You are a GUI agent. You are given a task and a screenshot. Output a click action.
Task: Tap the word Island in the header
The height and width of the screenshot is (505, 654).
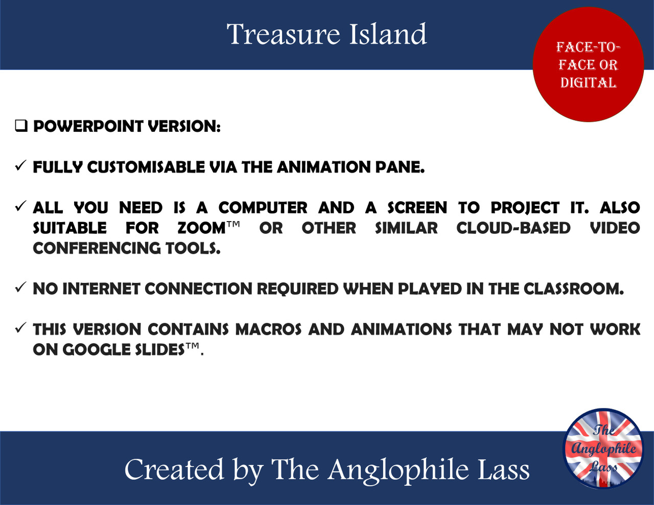tap(388, 35)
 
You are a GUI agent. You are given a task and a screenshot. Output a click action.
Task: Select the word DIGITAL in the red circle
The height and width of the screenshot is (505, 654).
tap(588, 83)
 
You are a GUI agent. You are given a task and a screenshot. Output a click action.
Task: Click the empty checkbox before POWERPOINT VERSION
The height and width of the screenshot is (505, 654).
tap(21, 126)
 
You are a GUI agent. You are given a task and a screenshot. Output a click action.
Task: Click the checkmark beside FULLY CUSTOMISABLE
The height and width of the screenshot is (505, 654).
tap(20, 166)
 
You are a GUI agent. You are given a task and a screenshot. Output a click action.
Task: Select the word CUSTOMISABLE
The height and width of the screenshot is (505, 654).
tap(146, 167)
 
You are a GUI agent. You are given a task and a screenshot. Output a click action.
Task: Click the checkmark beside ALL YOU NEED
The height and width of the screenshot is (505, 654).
tap(20, 206)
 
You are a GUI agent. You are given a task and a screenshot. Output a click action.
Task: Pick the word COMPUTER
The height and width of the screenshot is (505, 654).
tap(263, 208)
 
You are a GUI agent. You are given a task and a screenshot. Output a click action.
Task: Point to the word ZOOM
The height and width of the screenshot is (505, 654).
tap(201, 228)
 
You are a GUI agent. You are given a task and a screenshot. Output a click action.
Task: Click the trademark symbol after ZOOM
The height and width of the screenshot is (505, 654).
tap(233, 224)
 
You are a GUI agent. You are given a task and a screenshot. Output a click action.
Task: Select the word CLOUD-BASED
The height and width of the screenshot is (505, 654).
tap(513, 228)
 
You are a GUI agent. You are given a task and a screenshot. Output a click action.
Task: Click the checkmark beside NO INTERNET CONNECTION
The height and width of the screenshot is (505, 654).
tap(20, 287)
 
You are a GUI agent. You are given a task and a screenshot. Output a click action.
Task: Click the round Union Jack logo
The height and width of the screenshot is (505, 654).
tap(603, 448)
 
